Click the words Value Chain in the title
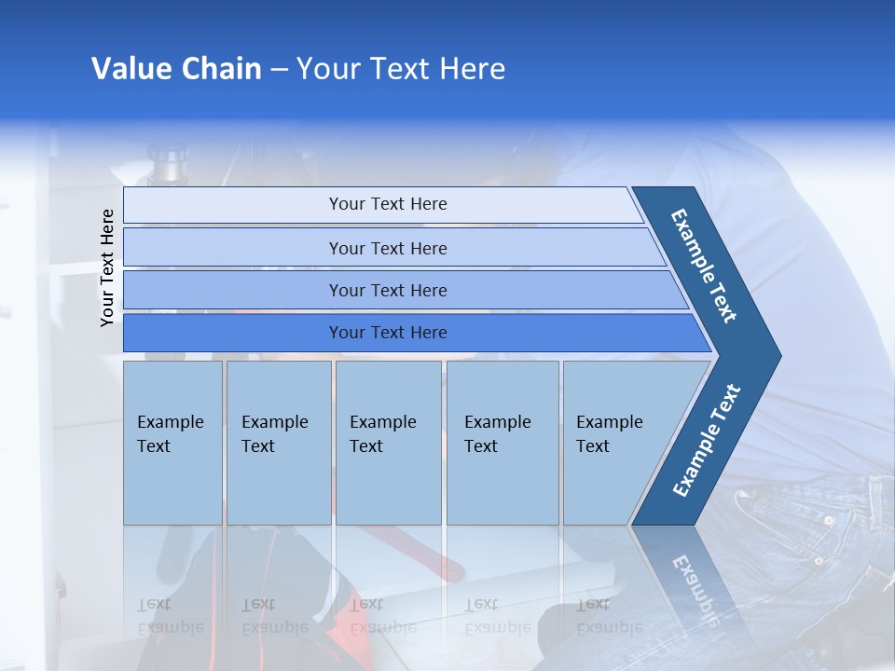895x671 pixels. pyautogui.click(x=176, y=69)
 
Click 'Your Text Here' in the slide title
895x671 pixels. pyautogui.click(x=401, y=69)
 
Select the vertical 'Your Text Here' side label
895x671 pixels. pyautogui.click(x=107, y=267)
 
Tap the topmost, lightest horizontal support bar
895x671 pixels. pyautogui.click(x=387, y=204)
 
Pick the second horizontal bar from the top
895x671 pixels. pyautogui.click(x=387, y=248)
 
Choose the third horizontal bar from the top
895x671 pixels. pyautogui.click(x=387, y=290)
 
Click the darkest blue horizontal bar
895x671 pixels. pyautogui.click(x=387, y=333)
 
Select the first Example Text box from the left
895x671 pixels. pyautogui.click(x=172, y=443)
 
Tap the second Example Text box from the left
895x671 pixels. pyautogui.click(x=278, y=443)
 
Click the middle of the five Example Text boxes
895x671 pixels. pyautogui.click(x=388, y=443)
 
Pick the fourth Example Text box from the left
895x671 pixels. pyautogui.click(x=503, y=443)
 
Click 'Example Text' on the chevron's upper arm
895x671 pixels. pyautogui.click(x=704, y=266)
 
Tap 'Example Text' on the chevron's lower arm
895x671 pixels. pyautogui.click(x=707, y=441)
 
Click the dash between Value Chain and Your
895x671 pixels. pyautogui.click(x=279, y=70)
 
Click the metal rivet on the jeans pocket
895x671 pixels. pyautogui.click(x=828, y=519)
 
